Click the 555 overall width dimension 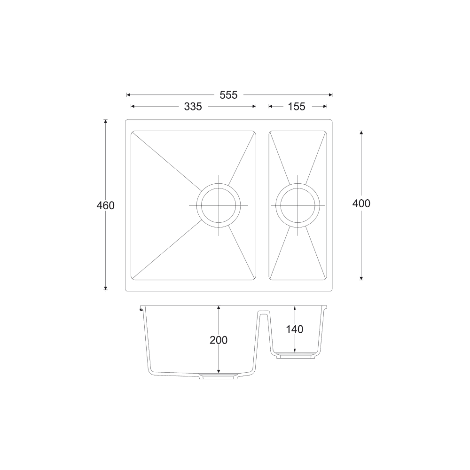(229, 94)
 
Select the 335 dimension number (193, 107)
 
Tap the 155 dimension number (296, 107)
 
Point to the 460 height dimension (105, 205)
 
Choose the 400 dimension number (361, 204)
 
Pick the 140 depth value (294, 329)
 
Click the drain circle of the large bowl (219, 205)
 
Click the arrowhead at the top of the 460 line (105, 122)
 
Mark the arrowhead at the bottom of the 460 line (105, 288)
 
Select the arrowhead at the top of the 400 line (361, 133)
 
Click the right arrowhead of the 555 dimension (330, 94)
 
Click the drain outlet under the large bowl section (219, 376)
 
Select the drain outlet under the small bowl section (295, 356)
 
